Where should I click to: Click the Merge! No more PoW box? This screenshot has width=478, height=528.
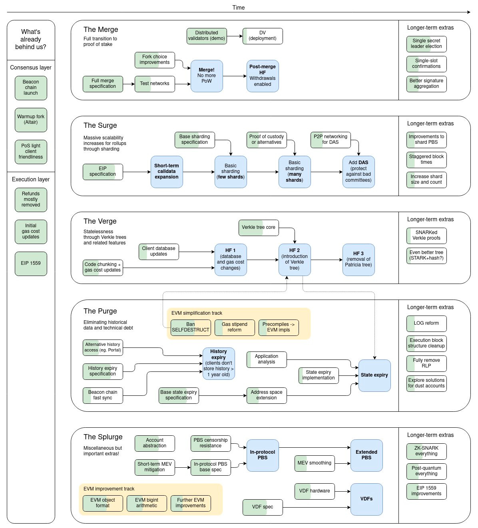pyautogui.click(x=207, y=76)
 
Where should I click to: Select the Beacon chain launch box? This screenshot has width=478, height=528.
pyautogui.click(x=31, y=87)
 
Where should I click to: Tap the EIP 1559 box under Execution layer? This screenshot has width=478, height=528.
pyautogui.click(x=31, y=263)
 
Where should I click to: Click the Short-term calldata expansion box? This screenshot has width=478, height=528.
pyautogui.click(x=167, y=172)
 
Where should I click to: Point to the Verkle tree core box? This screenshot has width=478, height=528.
pyautogui.click(x=259, y=227)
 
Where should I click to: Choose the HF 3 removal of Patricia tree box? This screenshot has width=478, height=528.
pyautogui.click(x=358, y=260)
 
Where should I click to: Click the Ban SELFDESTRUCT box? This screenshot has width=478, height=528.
pyautogui.click(x=191, y=327)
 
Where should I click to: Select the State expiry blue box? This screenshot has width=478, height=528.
pyautogui.click(x=374, y=375)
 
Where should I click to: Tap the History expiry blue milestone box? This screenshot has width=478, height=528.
pyautogui.click(x=219, y=363)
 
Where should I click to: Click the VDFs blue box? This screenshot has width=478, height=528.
pyautogui.click(x=366, y=499)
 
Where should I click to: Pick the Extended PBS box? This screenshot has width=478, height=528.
pyautogui.click(x=366, y=455)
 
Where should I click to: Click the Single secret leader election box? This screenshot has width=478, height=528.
pyautogui.click(x=426, y=44)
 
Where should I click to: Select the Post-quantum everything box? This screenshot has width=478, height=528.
pyautogui.click(x=426, y=471)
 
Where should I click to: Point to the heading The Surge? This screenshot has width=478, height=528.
pyautogui.click(x=100, y=125)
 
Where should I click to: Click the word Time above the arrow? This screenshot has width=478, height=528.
pyautogui.click(x=239, y=8)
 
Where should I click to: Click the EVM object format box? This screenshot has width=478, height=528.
pyautogui.click(x=103, y=503)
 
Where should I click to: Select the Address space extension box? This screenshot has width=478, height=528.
pyautogui.click(x=267, y=395)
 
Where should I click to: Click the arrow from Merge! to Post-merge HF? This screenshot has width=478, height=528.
pyautogui.click(x=235, y=76)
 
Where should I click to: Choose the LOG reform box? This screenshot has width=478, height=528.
pyautogui.click(x=426, y=323)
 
